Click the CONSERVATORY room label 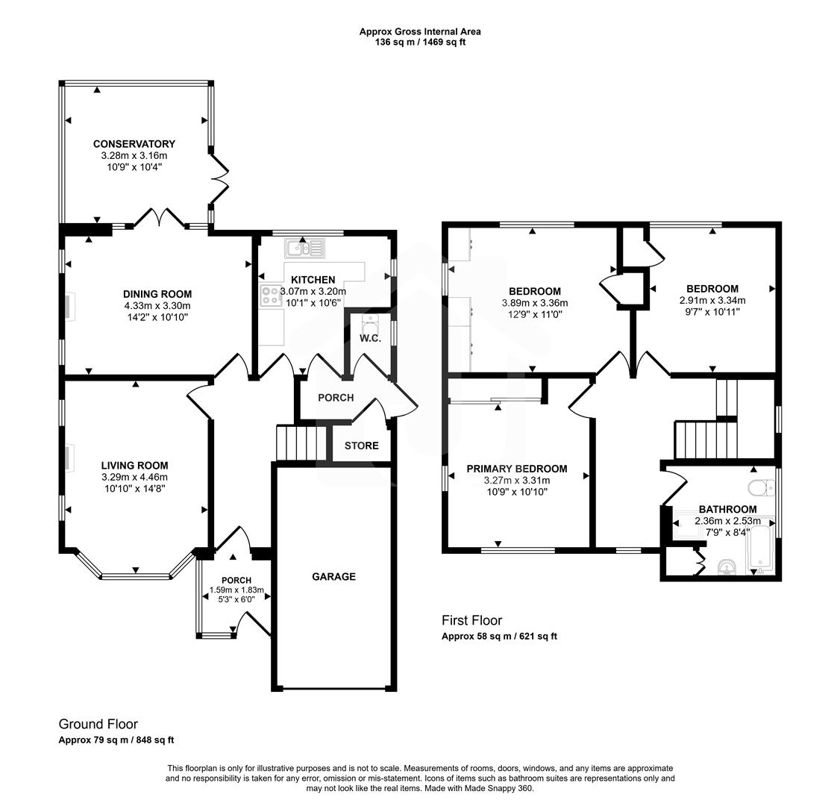[134, 144]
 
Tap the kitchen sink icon [304, 249]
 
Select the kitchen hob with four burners [270, 296]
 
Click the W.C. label [370, 339]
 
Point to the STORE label [361, 446]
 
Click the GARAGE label [333, 577]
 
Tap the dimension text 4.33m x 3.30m [157, 305]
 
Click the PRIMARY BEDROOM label [516, 469]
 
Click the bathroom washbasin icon [727, 569]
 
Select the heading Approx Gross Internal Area [420, 31]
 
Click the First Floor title [471, 620]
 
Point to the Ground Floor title [98, 724]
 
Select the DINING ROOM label [157, 294]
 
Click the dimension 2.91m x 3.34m [712, 300]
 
